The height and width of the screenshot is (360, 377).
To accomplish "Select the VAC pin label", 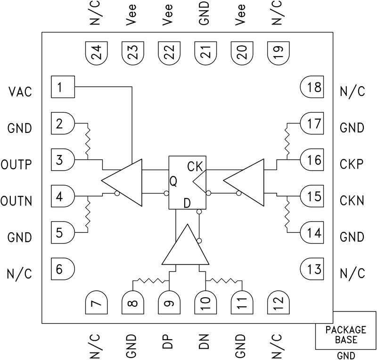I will coord(20,91).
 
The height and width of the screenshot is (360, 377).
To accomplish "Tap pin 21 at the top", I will coord(205,53).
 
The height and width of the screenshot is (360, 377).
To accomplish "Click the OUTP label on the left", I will coord(16,164).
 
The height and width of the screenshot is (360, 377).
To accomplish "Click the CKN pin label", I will coord(352,201).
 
